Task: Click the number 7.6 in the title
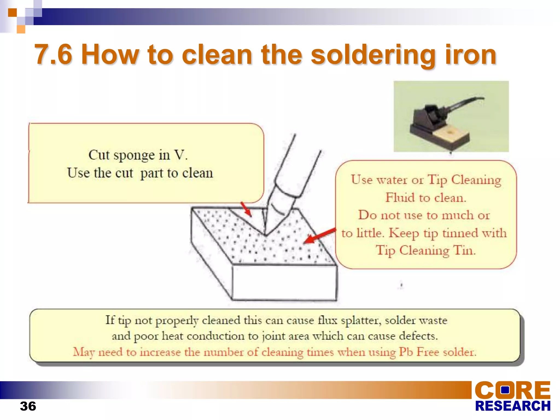[x=54, y=55]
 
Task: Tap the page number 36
[x=28, y=406]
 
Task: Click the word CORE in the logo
[x=512, y=390]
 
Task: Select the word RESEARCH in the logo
[x=512, y=406]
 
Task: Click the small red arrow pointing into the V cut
[x=246, y=209]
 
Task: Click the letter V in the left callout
[x=179, y=155]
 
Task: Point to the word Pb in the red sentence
[x=406, y=352]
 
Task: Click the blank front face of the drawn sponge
[x=284, y=283]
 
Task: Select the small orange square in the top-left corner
[x=12, y=13]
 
